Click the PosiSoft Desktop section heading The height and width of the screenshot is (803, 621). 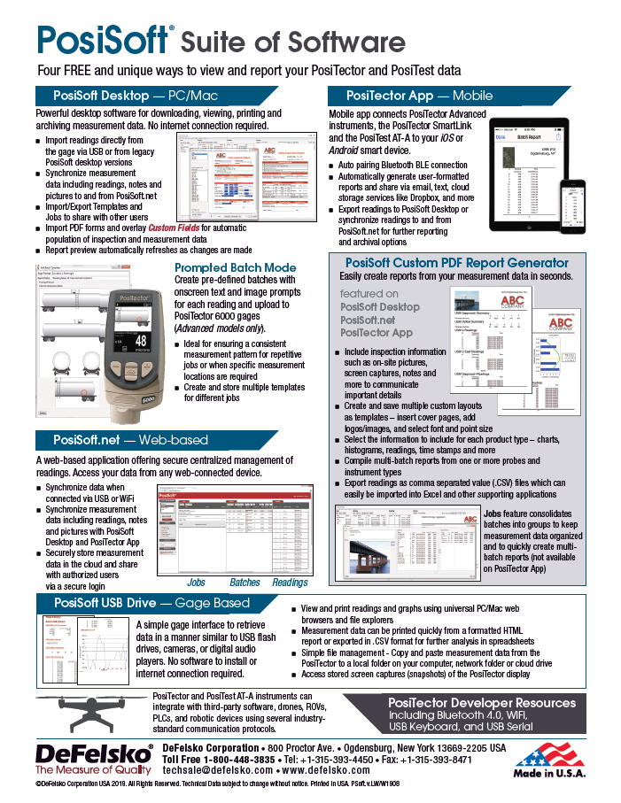141,95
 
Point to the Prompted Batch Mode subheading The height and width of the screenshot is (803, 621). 235,267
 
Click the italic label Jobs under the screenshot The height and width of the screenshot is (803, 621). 197,583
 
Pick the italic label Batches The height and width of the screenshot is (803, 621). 245,583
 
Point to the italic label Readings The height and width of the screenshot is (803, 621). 290,583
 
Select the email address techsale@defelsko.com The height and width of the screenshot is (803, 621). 221,771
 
